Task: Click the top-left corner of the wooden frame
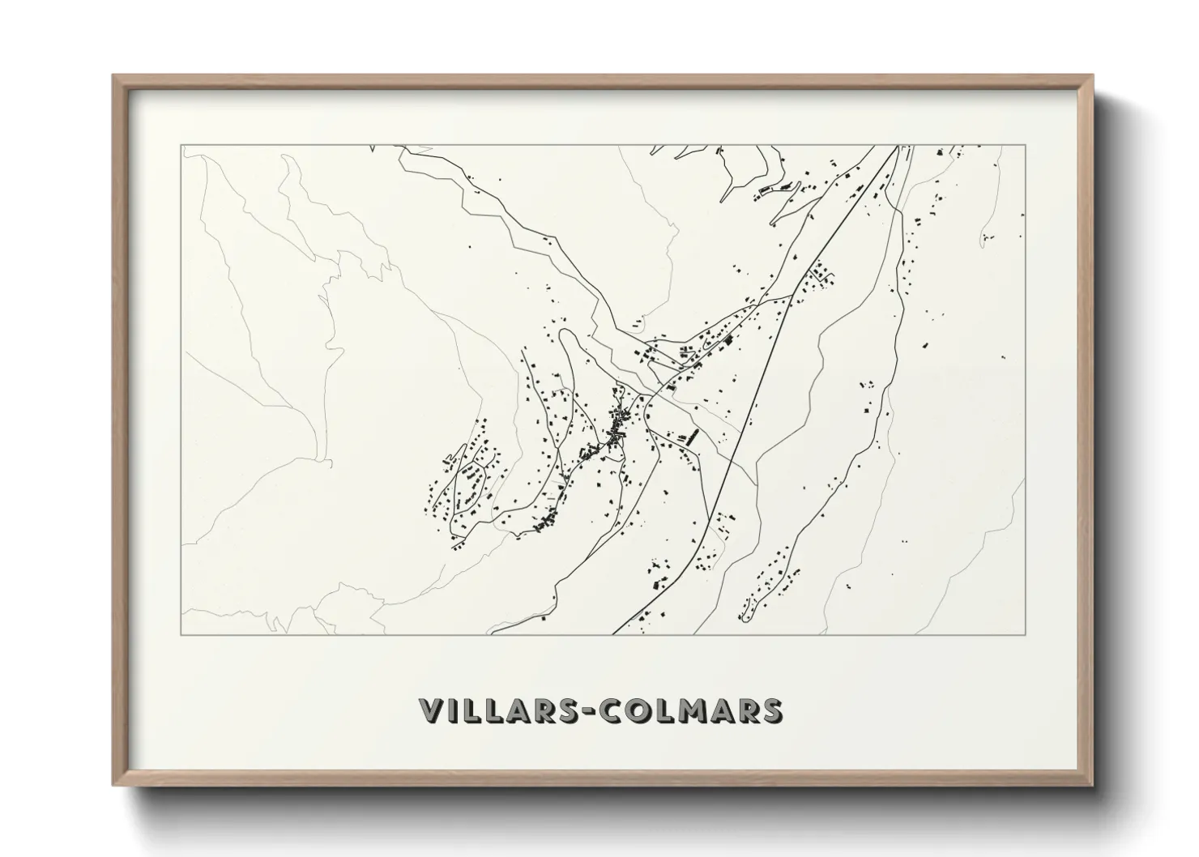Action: [113, 75]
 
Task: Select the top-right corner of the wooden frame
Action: [1093, 75]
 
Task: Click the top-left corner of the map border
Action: [181, 146]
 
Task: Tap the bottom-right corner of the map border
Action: [1026, 634]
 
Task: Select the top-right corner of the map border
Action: [1026, 146]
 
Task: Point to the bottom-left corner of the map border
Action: [181, 634]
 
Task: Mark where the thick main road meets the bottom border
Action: [613, 634]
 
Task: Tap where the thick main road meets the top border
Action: [897, 146]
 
